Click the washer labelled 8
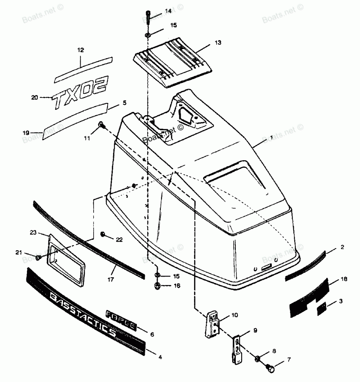click(258, 359)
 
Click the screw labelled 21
click(39, 257)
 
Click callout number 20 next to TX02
click(35, 97)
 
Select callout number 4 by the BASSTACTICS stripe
click(160, 357)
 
